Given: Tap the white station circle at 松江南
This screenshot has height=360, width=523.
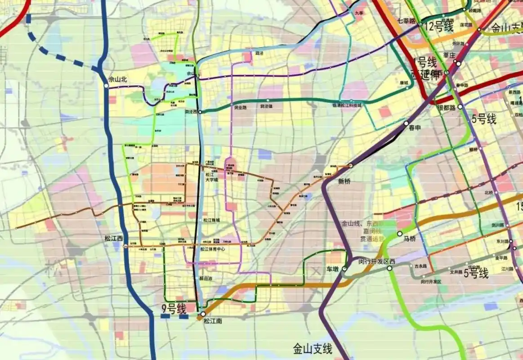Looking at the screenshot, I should (x=203, y=314).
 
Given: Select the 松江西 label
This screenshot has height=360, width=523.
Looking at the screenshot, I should (x=113, y=238).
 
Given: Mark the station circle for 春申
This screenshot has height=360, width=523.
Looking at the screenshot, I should (x=406, y=123).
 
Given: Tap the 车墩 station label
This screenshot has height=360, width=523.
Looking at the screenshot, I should (x=332, y=269).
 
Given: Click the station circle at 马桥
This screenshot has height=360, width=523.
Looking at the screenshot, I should (x=400, y=234).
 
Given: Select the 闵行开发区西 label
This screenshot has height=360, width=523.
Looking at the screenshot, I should (x=376, y=261).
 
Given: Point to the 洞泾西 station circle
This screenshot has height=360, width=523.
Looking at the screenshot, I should (x=201, y=111).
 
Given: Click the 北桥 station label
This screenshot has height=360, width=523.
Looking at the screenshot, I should (x=489, y=193).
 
